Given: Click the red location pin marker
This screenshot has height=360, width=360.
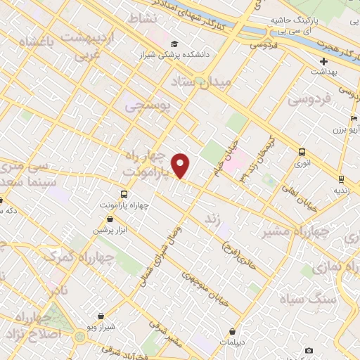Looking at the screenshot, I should tap(181, 165).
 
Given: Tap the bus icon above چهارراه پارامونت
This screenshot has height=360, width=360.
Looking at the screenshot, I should tap(124, 194).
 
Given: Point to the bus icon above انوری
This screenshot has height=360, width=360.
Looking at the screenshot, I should tap(302, 152).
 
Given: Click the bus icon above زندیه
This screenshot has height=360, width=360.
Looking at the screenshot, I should tap(341, 179).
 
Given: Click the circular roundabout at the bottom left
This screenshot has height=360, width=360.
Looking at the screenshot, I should tap(79, 337).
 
